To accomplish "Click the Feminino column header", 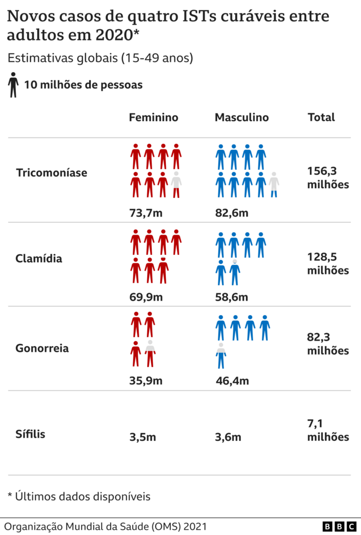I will pos(153,117).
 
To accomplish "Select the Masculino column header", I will pos(241,117).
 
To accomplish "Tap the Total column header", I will pos(321,117).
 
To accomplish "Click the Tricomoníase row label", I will pos(51,173).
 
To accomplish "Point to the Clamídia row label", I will pos(39,259).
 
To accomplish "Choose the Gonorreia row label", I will pos(42,348).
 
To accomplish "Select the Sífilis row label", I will pos(30,434).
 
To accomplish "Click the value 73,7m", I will pos(146,213).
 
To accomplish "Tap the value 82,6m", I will pos(232,213).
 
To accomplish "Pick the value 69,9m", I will pos(146,297).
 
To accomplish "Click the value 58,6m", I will pos(232,297).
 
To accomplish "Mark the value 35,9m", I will pos(146,381).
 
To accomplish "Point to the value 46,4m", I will pos(232,381).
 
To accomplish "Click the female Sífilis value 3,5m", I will pos(143,437).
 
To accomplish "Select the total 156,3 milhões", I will pos(328,177).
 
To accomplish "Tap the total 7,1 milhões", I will pos(328,430).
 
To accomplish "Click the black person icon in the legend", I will pos(13,85).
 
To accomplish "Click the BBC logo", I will pos(340,526).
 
